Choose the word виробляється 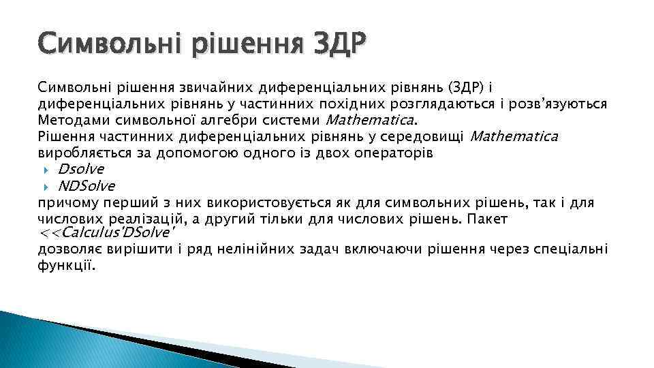pos(78,153)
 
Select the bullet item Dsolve pos(81,169)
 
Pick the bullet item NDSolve pos(87,185)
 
